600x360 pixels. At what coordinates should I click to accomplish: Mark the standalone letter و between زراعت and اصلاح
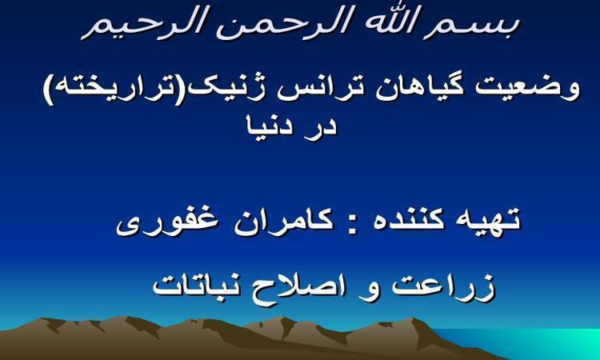coord(369,290)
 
